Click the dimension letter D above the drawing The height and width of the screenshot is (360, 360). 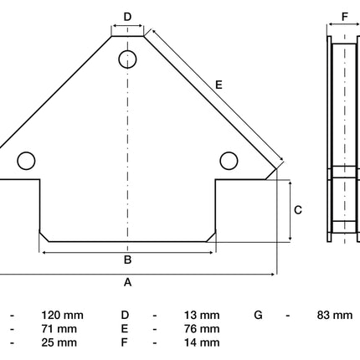click(127, 17)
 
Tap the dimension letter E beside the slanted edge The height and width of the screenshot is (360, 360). click(219, 85)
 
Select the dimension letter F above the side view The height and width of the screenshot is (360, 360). click(345, 17)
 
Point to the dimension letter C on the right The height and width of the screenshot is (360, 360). click(298, 210)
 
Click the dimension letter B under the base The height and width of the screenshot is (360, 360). click(127, 260)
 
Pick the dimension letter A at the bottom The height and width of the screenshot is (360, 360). click(127, 282)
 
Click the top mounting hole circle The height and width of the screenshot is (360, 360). click(127, 59)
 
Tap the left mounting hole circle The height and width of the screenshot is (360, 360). click(26, 161)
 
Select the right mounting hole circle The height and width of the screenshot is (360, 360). click(229, 161)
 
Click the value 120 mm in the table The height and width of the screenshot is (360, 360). click(62, 316)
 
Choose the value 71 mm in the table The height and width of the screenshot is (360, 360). click(59, 329)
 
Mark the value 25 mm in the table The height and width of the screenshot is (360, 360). click(59, 342)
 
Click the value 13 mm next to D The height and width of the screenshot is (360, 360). click(202, 316)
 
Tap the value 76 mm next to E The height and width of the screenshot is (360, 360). click(202, 329)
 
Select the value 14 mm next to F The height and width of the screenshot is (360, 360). click(202, 342)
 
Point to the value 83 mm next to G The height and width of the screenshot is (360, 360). click(335, 316)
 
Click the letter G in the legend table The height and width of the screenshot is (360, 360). click(259, 316)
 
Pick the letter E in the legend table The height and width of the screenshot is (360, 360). click(125, 329)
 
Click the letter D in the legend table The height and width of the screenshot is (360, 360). click(125, 316)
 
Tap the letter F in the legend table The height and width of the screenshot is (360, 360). click(125, 342)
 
